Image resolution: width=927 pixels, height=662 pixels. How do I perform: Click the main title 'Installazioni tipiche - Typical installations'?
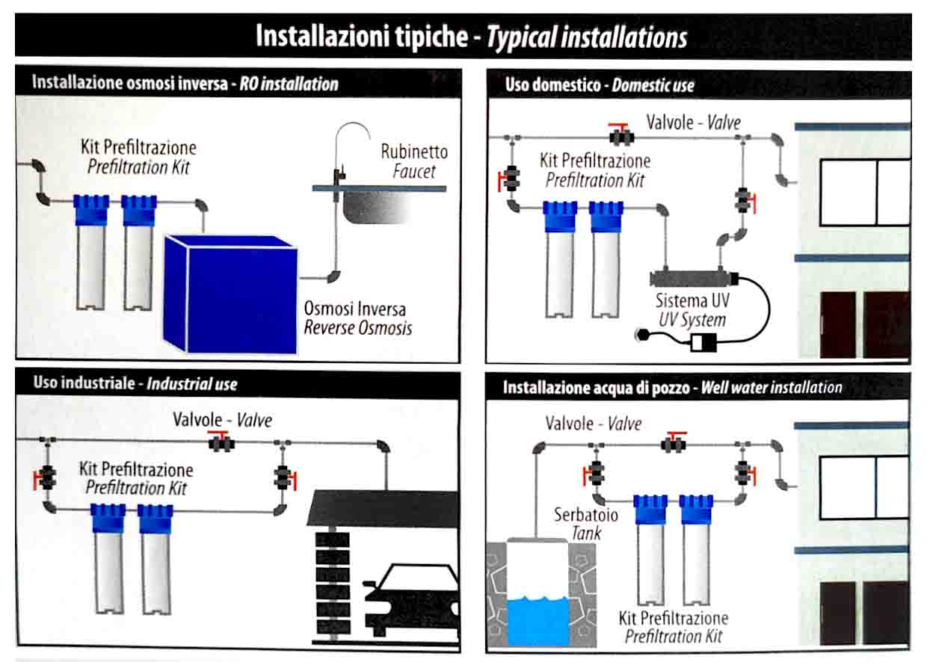point(471,36)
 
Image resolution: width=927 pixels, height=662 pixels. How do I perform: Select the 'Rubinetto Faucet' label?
point(414,161)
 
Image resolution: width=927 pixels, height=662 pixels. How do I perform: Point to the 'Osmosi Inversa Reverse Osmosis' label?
point(357,318)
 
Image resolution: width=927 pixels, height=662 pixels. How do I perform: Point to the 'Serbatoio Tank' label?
point(576,523)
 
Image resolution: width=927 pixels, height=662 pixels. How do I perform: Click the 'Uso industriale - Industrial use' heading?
point(135,384)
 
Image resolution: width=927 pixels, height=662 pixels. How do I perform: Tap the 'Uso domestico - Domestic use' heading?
point(600,85)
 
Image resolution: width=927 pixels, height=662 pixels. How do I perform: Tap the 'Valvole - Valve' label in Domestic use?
point(694,122)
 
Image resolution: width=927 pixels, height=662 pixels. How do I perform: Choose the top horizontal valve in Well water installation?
point(674,443)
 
